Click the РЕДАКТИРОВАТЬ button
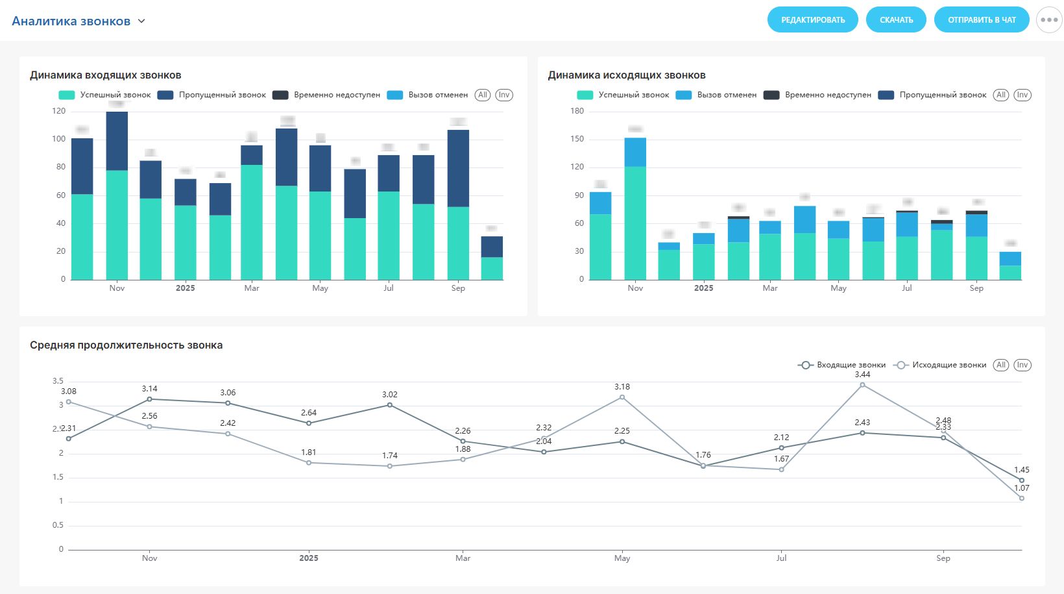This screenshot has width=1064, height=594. point(812,20)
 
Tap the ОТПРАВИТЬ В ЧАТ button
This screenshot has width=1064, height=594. point(982,20)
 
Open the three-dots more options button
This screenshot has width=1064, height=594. point(1049,20)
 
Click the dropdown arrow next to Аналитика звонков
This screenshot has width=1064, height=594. point(141,21)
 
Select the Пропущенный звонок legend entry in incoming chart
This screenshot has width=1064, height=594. point(212,95)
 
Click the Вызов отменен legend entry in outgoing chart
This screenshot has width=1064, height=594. point(716,95)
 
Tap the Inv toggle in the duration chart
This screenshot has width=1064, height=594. point(1022,365)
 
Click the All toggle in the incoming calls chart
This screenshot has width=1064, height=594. point(482,95)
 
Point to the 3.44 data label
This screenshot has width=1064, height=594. point(862,375)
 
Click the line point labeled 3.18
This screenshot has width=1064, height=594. point(622,397)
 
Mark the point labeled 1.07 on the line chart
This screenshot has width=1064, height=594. point(1022,498)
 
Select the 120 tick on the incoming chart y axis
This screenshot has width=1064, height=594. point(59,111)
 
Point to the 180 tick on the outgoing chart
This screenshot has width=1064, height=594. point(577,111)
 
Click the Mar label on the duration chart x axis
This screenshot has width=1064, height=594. point(463,558)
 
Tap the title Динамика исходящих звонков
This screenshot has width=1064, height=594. point(627,75)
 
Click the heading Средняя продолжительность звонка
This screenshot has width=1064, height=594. point(126,345)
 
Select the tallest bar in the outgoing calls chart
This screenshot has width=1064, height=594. point(635,208)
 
